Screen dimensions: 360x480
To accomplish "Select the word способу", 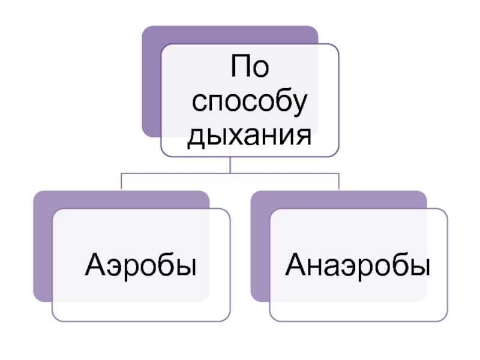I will pyautogui.click(x=249, y=103).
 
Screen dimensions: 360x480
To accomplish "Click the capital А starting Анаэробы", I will pyautogui.click(x=297, y=264).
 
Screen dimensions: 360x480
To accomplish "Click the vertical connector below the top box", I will pyautogui.click(x=230, y=164).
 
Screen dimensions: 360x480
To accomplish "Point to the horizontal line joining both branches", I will pyautogui.click(x=180, y=173).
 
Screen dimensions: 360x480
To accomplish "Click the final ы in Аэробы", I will pyautogui.click(x=187, y=265).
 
